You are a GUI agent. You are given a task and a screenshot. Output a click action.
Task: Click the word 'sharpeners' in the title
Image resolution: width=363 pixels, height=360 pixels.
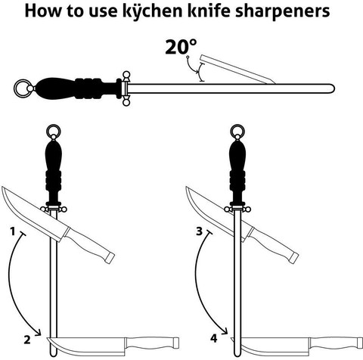282,11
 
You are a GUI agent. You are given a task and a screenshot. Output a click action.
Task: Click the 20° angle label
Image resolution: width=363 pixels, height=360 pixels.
181,47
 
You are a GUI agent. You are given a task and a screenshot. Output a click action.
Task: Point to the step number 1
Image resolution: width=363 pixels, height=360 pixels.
13,231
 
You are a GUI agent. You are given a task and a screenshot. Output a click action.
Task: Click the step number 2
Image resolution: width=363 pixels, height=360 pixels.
27,340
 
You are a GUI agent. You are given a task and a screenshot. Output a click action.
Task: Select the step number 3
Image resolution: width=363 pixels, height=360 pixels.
200,231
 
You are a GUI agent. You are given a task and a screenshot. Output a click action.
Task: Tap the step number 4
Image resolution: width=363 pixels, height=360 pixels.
214,338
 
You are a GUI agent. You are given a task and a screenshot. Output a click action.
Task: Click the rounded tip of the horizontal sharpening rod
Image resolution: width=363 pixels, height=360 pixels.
332,88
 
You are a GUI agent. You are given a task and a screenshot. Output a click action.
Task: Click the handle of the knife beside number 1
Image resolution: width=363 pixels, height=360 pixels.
89,244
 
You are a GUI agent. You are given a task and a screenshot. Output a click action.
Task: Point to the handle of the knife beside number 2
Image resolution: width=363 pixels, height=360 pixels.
152,343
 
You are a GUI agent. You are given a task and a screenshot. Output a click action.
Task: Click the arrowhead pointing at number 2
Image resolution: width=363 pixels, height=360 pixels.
39,332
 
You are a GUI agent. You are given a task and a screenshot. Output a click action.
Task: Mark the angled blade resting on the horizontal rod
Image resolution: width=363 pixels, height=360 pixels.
237,69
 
